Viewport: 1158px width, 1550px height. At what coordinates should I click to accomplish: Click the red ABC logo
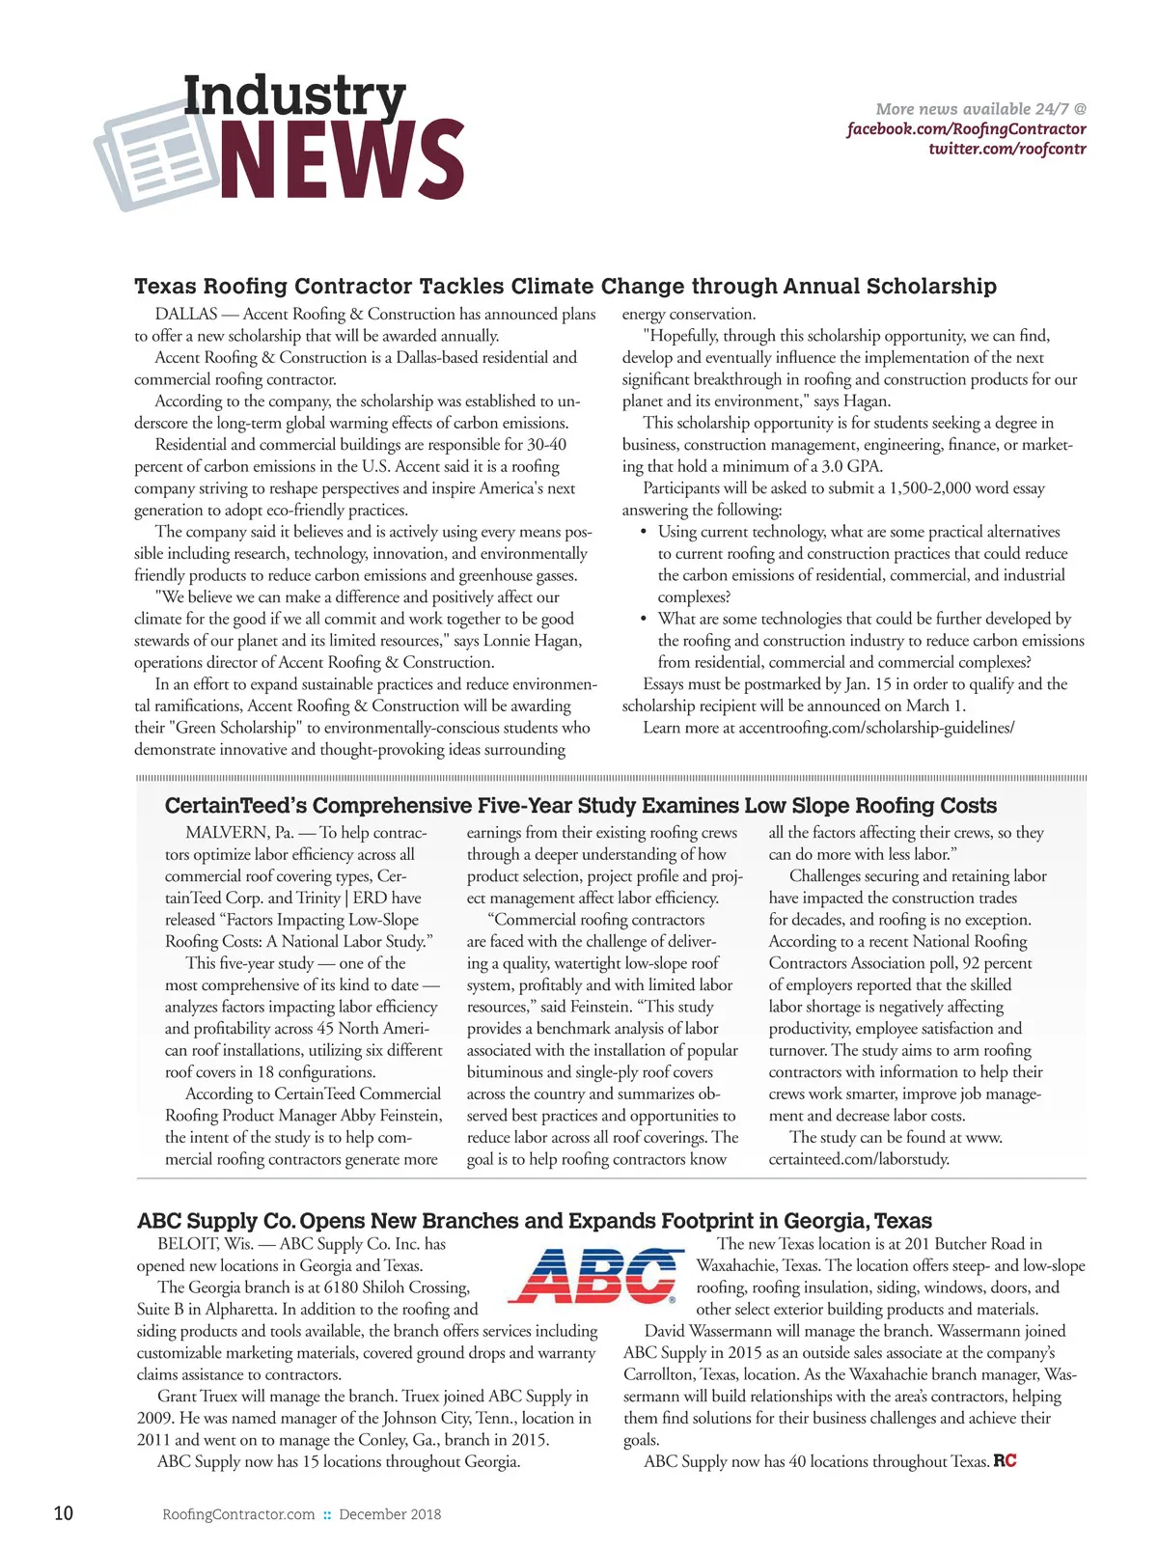point(592,1275)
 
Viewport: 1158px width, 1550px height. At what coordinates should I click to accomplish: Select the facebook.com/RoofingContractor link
point(966,129)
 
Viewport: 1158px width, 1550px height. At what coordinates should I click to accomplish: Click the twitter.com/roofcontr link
point(1006,150)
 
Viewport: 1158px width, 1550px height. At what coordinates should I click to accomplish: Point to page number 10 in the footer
point(63,1513)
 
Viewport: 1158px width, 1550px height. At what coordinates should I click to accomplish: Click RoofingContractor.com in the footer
point(238,1514)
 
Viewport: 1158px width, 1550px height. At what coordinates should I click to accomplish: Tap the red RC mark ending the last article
point(1005,1461)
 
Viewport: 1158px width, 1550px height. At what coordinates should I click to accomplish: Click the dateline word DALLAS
point(186,314)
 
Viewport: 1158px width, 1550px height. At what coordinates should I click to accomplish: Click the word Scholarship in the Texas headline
point(931,287)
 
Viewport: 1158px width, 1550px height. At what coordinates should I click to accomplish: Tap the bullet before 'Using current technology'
point(644,532)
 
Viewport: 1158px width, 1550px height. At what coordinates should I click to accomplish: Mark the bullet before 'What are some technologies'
point(644,619)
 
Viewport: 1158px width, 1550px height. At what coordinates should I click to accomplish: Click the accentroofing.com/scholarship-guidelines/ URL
point(876,728)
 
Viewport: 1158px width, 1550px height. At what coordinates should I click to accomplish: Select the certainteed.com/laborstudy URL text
point(858,1159)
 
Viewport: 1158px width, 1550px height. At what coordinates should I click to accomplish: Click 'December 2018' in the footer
point(390,1514)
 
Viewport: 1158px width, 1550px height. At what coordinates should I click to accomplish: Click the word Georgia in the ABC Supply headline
point(831,1221)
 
